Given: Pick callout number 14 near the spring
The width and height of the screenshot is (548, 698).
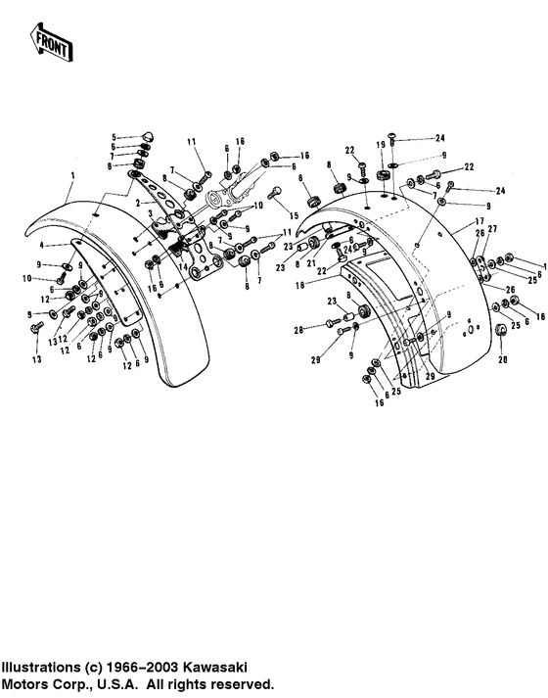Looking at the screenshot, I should (x=182, y=266).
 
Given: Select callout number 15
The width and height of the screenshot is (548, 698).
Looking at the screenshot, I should (x=292, y=214).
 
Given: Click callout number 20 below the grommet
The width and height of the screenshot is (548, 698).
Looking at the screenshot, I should (x=504, y=358).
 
